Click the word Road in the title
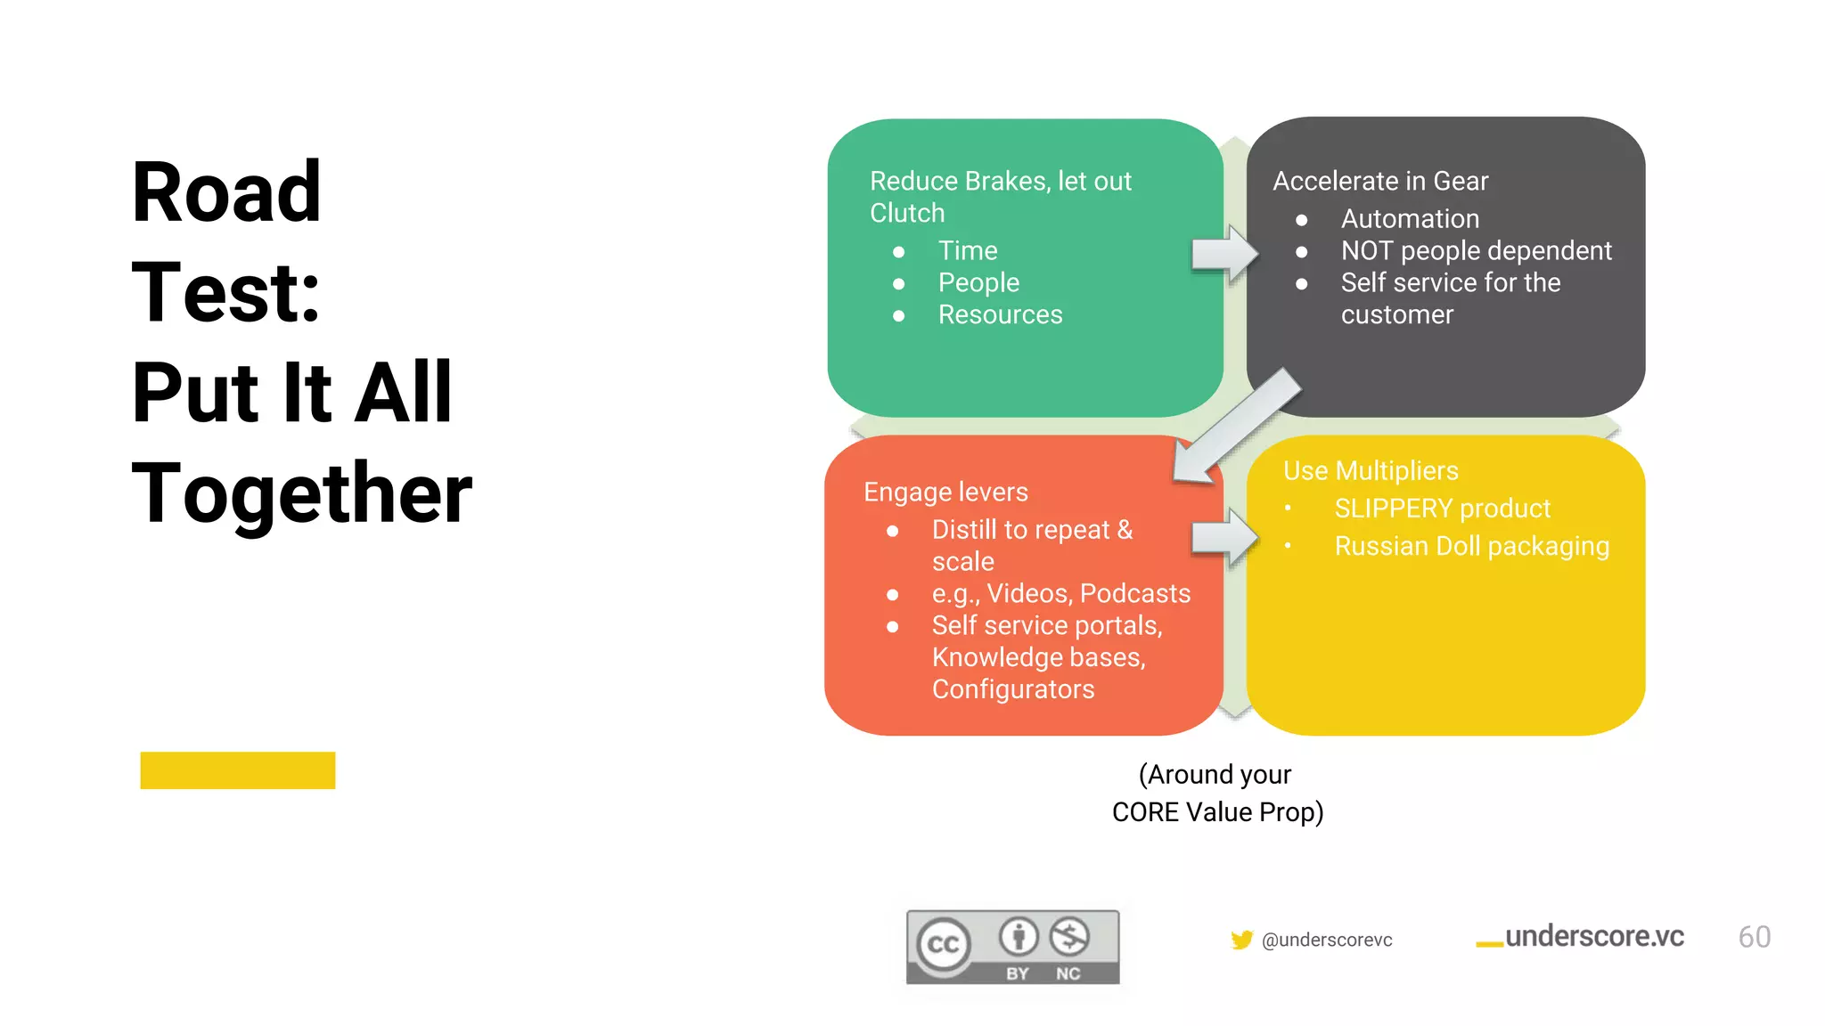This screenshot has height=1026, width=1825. coord(226,192)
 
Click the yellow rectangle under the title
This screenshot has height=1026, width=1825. coord(238,770)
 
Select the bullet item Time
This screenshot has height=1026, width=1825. coord(968,251)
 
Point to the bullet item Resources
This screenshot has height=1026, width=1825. coord(1000,315)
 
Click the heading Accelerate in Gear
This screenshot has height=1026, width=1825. coord(1379,182)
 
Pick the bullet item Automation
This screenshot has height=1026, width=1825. coord(1410,219)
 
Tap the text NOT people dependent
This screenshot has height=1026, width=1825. coord(1476,251)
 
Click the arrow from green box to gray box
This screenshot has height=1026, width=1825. coord(1224,255)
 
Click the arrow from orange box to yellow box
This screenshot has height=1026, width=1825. coord(1224,538)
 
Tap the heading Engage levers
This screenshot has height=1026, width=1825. coord(945,493)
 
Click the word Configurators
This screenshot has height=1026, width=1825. coord(1013,689)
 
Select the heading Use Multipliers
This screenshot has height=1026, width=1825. coord(1371,471)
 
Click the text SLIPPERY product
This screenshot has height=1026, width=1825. coord(1442,509)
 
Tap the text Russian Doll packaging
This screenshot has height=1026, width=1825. coord(1471,546)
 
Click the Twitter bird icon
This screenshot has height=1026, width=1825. coord(1241,940)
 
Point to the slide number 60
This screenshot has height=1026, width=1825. coord(1754,938)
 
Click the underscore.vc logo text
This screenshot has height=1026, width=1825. coord(1593,937)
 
